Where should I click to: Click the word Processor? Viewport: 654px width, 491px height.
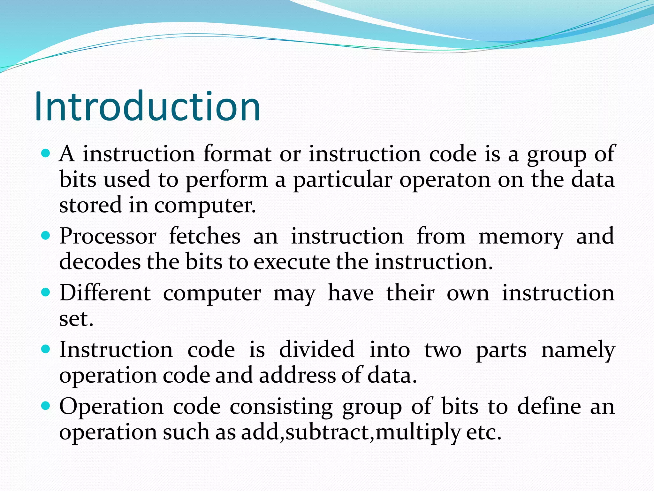pyautogui.click(x=108, y=236)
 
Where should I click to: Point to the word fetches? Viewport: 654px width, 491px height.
pyautogui.click(x=205, y=236)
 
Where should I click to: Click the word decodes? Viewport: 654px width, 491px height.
pyautogui.click(x=100, y=262)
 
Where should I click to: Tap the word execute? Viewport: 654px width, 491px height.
pyautogui.click(x=292, y=262)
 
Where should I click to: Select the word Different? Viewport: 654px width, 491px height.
pyautogui.click(x=105, y=293)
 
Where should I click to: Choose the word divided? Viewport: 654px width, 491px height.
pyautogui.click(x=316, y=349)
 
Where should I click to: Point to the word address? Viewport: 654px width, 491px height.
pyautogui.click(x=297, y=375)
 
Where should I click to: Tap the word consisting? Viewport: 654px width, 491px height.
pyautogui.click(x=281, y=407)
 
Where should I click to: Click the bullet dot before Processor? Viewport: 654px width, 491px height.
pyautogui.click(x=46, y=236)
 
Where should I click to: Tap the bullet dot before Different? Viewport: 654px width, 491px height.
pyautogui.click(x=46, y=292)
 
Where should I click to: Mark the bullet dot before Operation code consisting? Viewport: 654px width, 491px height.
pyautogui.click(x=46, y=406)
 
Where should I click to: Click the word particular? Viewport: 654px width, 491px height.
pyautogui.click(x=342, y=180)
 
